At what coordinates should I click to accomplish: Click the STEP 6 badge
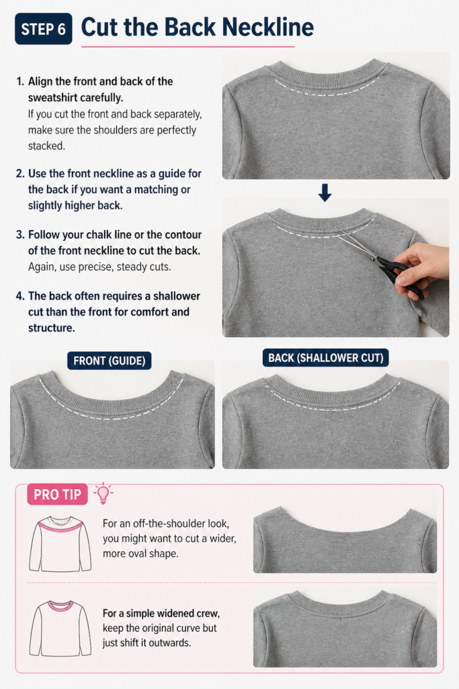(44, 28)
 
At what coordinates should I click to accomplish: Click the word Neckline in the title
(267, 27)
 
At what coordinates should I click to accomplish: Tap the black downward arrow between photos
(325, 192)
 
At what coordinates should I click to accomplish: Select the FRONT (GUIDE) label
(110, 361)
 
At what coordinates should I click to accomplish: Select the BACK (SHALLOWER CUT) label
(325, 358)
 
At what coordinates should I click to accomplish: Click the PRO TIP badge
(58, 495)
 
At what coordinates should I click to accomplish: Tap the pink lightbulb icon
(103, 493)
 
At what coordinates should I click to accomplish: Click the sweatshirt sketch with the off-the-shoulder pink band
(60, 544)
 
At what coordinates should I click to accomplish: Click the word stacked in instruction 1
(46, 146)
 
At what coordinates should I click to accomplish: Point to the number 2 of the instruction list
(19, 174)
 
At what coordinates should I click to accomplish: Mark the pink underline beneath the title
(187, 46)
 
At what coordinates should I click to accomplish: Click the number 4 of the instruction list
(19, 296)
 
